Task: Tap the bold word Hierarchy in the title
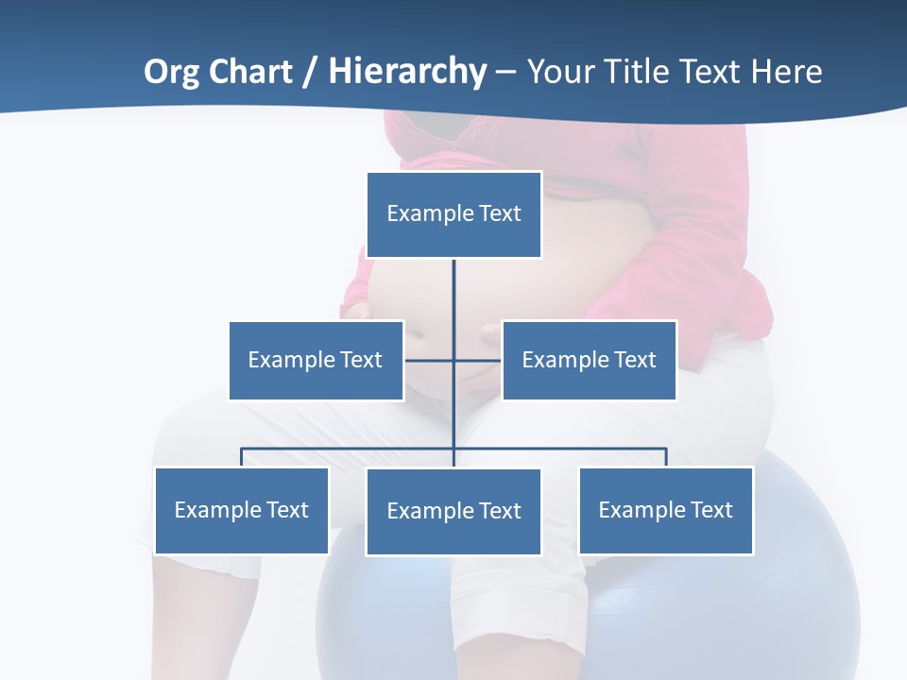pyautogui.click(x=407, y=72)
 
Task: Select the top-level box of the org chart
pyautogui.click(x=453, y=214)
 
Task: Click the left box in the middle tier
pyautogui.click(x=316, y=360)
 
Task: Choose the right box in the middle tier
pyautogui.click(x=589, y=360)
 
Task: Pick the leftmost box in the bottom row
pyautogui.click(x=241, y=510)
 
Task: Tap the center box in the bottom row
pyautogui.click(x=453, y=511)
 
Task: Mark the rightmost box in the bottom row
pyautogui.click(x=665, y=510)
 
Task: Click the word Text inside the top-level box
pyautogui.click(x=500, y=214)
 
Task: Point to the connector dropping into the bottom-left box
pyautogui.click(x=241, y=457)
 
